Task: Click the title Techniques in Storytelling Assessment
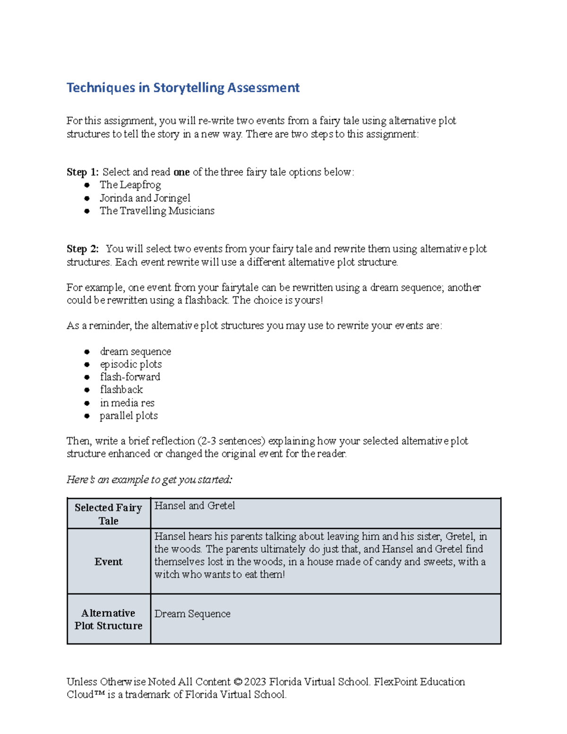coord(183,88)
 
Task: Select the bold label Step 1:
coord(82,172)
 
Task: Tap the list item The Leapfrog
coord(130,185)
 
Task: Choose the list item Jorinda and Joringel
coord(145,198)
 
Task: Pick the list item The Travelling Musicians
coord(157,211)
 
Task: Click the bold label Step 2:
coord(82,249)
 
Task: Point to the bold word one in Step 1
coord(181,172)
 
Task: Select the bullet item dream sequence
coord(135,352)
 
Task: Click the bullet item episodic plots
coord(130,364)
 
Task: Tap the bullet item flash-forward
coord(130,377)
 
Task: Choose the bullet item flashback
coord(121,390)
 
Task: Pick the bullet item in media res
coord(127,403)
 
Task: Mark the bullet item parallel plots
coord(129,416)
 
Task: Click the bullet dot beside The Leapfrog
coord(87,185)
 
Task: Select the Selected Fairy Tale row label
coord(108,514)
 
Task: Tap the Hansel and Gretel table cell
coord(195,506)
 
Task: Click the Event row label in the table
coord(108,561)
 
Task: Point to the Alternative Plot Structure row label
coord(108,619)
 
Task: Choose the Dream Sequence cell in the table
coord(192,614)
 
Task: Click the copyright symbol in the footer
coord(237,682)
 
